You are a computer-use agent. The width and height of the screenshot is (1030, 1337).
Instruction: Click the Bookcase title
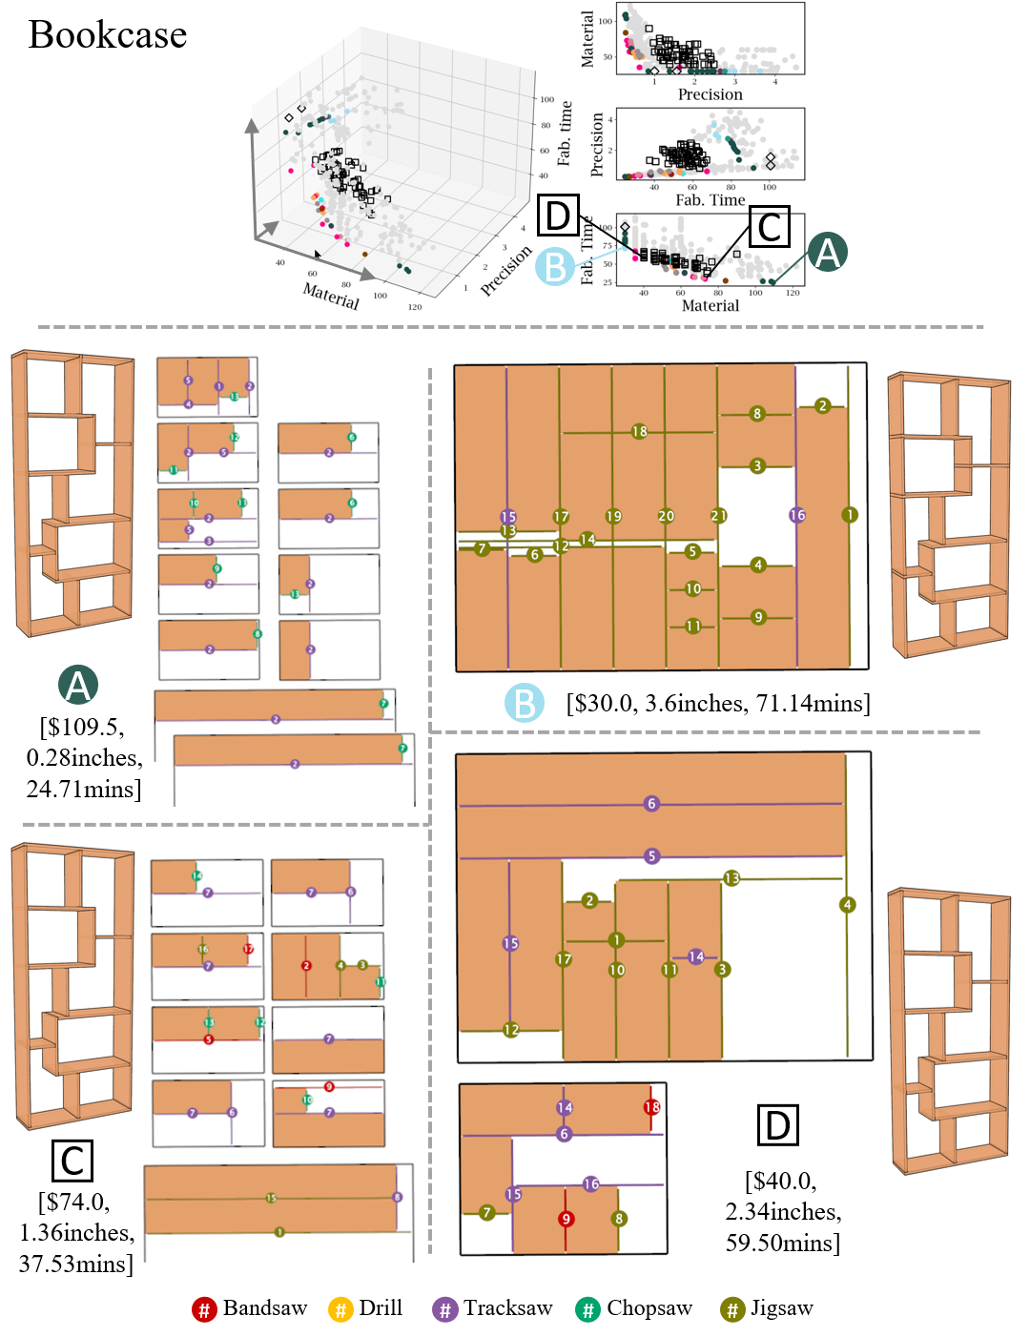point(108,35)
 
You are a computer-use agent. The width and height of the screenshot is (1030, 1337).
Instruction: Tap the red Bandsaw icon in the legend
point(203,1309)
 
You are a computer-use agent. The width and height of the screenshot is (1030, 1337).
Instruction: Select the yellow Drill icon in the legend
point(340,1309)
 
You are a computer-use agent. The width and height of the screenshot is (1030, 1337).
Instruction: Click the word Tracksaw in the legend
point(507,1308)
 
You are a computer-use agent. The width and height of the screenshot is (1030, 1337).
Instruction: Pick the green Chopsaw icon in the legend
point(587,1309)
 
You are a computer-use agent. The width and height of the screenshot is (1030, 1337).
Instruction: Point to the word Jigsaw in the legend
point(781,1308)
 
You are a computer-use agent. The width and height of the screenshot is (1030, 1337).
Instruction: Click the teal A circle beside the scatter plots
point(827,253)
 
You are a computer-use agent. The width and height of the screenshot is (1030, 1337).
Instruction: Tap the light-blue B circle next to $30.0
point(524,704)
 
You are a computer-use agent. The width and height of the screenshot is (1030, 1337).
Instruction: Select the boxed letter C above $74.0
point(72,1161)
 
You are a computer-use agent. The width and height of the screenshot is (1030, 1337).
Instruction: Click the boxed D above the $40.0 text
point(777,1125)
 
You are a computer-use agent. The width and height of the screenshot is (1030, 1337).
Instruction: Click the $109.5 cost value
point(81,727)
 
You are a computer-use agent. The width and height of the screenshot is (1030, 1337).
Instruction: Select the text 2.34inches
point(783,1212)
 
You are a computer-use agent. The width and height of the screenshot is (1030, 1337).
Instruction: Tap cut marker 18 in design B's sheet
point(639,431)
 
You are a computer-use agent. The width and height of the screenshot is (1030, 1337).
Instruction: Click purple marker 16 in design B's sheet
point(797,515)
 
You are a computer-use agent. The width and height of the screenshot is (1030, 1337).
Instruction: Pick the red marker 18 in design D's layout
point(651,1107)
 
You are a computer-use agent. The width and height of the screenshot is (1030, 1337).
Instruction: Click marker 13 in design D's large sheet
point(731,878)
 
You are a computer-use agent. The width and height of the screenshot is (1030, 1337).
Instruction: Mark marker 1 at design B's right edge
point(849,515)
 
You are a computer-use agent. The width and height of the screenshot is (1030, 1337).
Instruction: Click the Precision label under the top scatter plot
point(710,94)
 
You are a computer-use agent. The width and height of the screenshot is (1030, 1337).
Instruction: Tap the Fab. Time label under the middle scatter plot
point(710,200)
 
